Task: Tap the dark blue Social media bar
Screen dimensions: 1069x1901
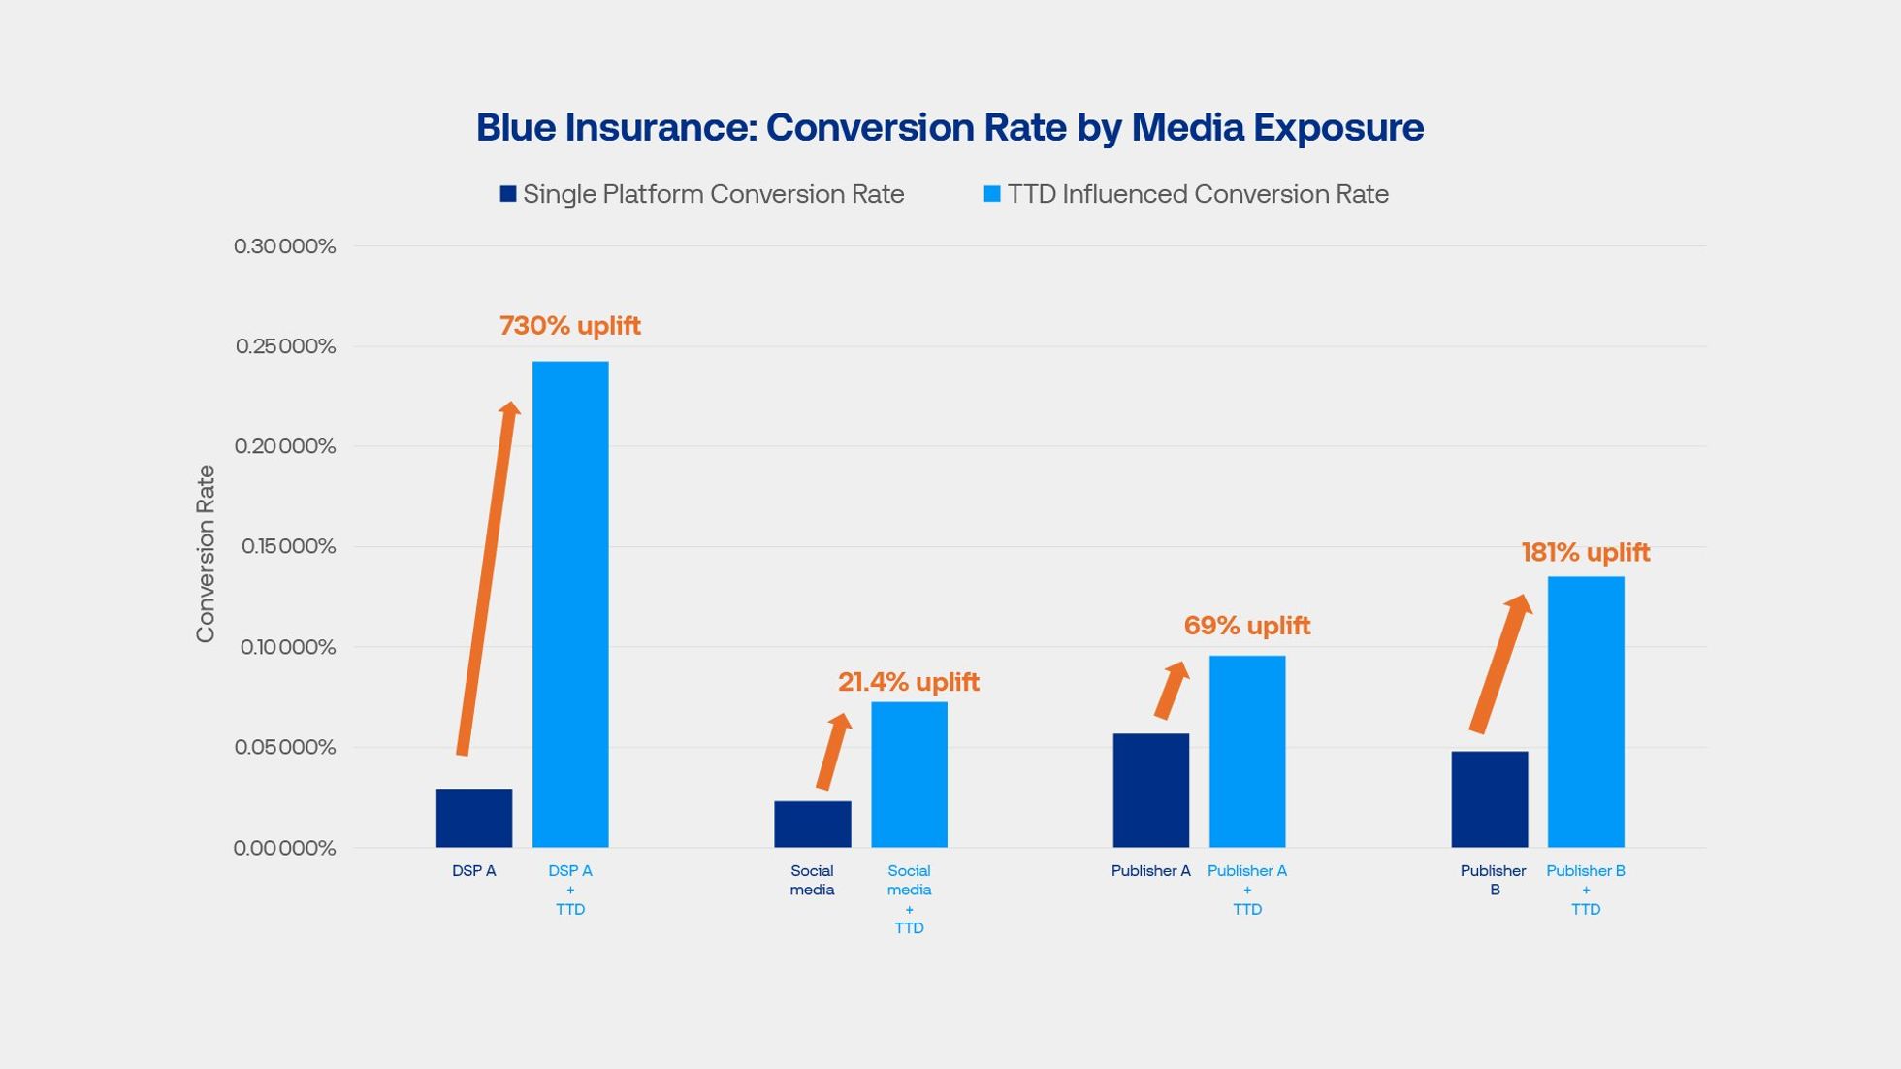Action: coord(812,824)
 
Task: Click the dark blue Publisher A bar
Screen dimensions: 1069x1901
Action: coord(1150,790)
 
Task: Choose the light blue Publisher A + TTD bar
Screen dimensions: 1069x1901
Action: coord(1246,751)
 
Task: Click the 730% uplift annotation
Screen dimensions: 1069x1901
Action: coord(569,326)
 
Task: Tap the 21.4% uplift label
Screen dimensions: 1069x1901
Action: coord(908,682)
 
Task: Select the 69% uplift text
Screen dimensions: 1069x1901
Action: coord(1246,626)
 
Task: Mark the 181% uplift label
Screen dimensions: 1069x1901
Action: coord(1585,553)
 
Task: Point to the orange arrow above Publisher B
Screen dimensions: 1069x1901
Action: coord(1499,664)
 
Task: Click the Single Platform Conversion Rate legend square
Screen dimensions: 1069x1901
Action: coord(507,194)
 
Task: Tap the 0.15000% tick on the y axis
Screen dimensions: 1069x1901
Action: coord(288,547)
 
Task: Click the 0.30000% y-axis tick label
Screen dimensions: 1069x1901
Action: coord(284,246)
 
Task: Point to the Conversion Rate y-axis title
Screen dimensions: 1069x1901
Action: coord(206,553)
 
